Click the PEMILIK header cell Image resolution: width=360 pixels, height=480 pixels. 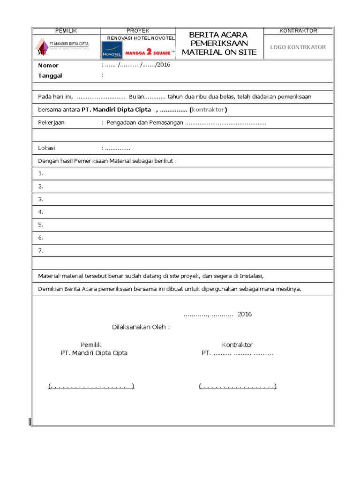(66, 31)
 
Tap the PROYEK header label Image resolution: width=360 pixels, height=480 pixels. (138, 31)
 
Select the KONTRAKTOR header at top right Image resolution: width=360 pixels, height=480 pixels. (298, 31)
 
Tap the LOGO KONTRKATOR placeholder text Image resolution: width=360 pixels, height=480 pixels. (298, 47)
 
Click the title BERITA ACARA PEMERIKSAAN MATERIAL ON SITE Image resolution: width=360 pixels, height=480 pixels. (219, 44)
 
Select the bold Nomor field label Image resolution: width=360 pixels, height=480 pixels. (48, 66)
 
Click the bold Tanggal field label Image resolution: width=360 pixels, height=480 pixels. (50, 76)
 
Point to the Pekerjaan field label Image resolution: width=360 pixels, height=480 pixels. (51, 122)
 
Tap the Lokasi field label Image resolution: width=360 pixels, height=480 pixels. (46, 148)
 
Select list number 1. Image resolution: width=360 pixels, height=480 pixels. (41, 173)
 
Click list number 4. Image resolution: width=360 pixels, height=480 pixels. (41, 212)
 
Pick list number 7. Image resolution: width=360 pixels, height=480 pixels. (41, 251)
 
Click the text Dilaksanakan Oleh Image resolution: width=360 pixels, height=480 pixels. (141, 327)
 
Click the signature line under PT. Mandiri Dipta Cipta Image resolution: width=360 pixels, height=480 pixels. (91, 386)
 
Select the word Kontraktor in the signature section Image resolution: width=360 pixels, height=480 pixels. (237, 345)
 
